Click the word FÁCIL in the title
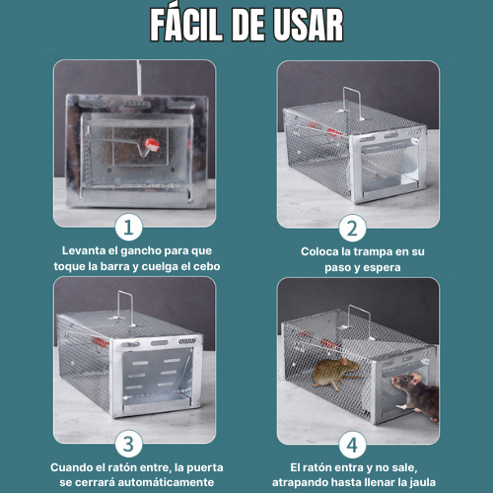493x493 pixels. (x=185, y=25)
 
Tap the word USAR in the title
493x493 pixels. (x=309, y=26)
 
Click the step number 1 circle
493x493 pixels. (x=128, y=228)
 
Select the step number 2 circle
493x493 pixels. (x=353, y=228)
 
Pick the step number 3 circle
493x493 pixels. (x=128, y=444)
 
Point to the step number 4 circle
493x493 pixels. (x=353, y=445)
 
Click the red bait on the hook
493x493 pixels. (x=151, y=145)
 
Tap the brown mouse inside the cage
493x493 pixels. (x=335, y=373)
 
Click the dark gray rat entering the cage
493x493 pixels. (x=416, y=395)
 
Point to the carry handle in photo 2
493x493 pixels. (x=353, y=103)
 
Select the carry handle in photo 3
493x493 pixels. (x=126, y=308)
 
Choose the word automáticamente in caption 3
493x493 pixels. (x=166, y=482)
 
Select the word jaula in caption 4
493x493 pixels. (x=423, y=482)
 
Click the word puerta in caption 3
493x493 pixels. (x=205, y=467)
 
